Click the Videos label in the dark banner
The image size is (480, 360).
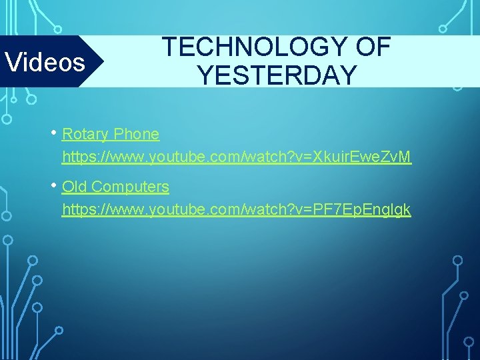coord(45,62)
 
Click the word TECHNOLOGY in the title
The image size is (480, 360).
coord(251,47)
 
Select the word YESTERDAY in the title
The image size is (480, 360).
coord(277,75)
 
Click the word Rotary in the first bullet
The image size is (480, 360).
coord(85,134)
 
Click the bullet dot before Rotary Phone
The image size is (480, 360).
coord(54,132)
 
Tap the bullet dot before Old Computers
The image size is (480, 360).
coord(54,185)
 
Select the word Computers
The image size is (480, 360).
coord(130,187)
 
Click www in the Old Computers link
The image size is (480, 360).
coord(127,210)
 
